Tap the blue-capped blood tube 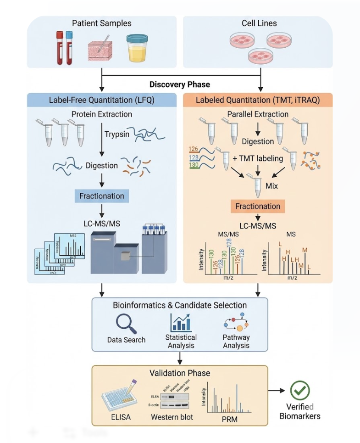69,47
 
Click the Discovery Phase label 180,84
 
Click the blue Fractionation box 101,196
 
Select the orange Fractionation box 258,206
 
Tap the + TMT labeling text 257,158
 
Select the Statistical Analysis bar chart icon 180,323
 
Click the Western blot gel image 171,397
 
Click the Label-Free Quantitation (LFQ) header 101,101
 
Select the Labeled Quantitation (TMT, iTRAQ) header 258,101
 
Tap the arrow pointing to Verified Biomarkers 276,391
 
